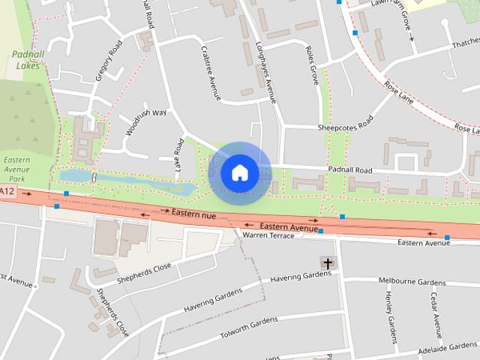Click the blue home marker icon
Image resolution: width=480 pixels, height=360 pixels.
point(239,172)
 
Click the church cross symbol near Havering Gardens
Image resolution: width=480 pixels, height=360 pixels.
point(328,263)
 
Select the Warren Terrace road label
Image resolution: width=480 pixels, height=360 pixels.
point(268,235)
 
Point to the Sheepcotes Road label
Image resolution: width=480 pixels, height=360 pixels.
point(344,125)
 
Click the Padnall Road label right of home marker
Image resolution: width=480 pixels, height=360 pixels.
point(349,170)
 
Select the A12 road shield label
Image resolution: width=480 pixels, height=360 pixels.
point(7,193)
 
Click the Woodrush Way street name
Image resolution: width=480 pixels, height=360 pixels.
point(145,121)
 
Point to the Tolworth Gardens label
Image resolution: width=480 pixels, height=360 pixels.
point(249,327)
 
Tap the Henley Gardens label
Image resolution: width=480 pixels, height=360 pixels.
point(391,312)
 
